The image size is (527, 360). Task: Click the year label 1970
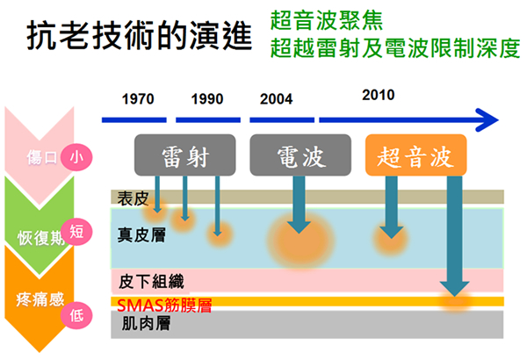[138, 99]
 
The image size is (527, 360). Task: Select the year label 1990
[207, 99]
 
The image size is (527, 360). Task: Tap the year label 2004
[277, 99]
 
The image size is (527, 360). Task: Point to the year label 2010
[379, 95]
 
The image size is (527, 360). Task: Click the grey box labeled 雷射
[184, 155]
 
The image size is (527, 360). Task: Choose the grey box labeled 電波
[300, 155]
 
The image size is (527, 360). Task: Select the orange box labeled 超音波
[416, 155]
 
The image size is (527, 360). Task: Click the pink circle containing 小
[76, 157]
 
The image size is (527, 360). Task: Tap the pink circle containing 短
[76, 232]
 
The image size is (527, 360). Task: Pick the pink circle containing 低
[76, 315]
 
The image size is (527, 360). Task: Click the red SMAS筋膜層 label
[164, 306]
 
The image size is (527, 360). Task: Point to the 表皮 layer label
[133, 198]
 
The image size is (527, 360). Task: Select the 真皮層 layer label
[141, 234]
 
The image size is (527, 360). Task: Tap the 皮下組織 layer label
[151, 282]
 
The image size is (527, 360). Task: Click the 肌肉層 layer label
[146, 323]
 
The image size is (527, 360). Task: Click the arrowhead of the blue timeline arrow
[488, 120]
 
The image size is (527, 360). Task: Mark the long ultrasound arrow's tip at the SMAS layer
[455, 296]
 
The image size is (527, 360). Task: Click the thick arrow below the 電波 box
[300, 205]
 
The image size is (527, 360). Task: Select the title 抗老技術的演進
[139, 35]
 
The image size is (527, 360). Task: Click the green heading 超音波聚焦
[327, 20]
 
